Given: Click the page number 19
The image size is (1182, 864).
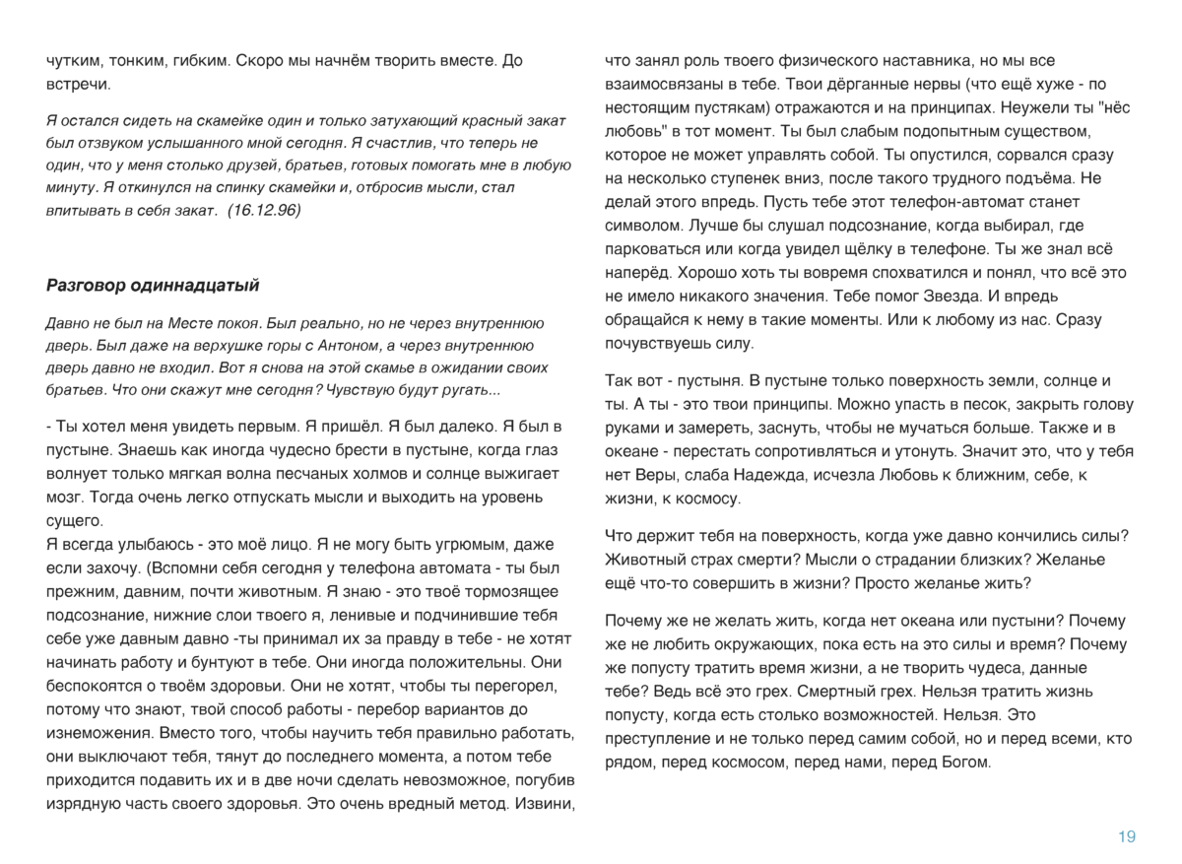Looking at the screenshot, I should (x=1127, y=836).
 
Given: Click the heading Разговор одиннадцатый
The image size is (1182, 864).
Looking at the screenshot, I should (x=153, y=286).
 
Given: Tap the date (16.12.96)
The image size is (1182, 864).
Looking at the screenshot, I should (x=264, y=210).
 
